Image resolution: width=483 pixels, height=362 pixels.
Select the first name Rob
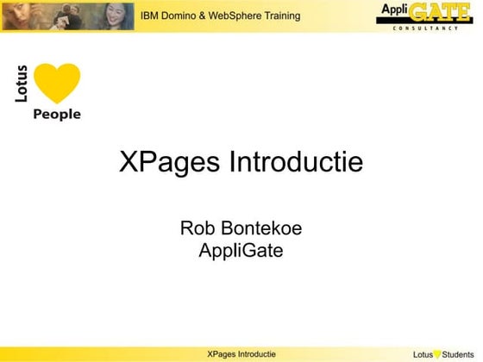click(196, 228)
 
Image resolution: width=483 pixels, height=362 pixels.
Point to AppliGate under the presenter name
click(241, 251)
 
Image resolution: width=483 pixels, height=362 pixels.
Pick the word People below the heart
click(56, 114)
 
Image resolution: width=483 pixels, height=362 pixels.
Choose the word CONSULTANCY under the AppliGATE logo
click(436, 28)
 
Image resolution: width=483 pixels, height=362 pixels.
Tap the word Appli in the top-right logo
click(394, 11)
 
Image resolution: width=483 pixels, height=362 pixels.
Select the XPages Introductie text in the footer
click(241, 354)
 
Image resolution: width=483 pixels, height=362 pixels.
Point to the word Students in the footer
click(459, 354)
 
